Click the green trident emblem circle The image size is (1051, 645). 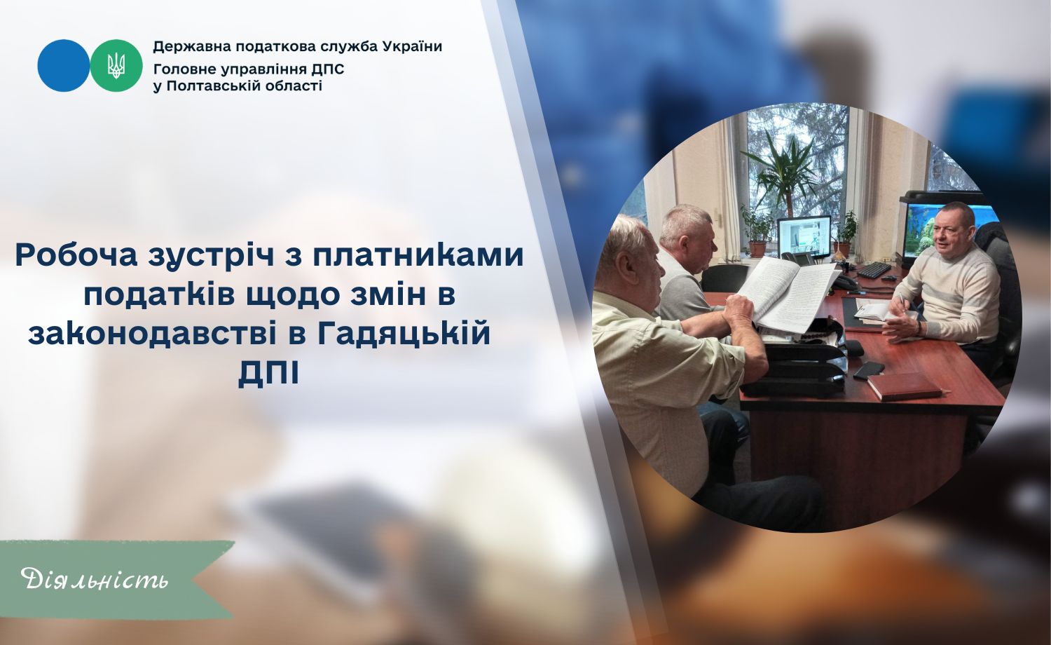pyautogui.click(x=116, y=66)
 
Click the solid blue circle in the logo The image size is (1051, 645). pyautogui.click(x=64, y=66)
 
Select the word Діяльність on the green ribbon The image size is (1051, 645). pyautogui.click(x=95, y=579)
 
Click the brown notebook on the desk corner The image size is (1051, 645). pyautogui.click(x=904, y=386)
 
